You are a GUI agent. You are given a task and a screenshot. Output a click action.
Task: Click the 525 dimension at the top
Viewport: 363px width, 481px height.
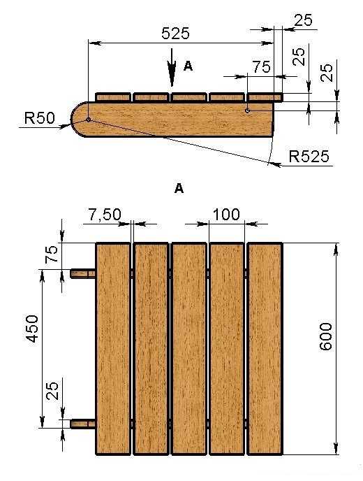tap(175, 33)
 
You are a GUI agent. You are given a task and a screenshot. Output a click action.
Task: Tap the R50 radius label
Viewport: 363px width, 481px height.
tap(40, 118)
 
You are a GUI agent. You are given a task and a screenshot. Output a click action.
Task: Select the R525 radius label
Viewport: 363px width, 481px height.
tap(309, 156)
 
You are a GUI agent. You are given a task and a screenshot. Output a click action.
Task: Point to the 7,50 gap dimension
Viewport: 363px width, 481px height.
tap(105, 215)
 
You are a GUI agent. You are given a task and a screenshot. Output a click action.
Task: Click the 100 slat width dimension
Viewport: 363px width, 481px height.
tap(226, 215)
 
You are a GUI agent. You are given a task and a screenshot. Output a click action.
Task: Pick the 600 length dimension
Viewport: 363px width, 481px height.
tap(325, 336)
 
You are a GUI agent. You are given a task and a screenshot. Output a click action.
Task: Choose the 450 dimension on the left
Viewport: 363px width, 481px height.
tap(31, 329)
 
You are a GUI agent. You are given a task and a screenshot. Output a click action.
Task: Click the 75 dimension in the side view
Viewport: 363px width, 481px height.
tap(261, 67)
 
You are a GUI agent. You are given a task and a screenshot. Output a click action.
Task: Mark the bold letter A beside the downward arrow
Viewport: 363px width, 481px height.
tap(188, 66)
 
